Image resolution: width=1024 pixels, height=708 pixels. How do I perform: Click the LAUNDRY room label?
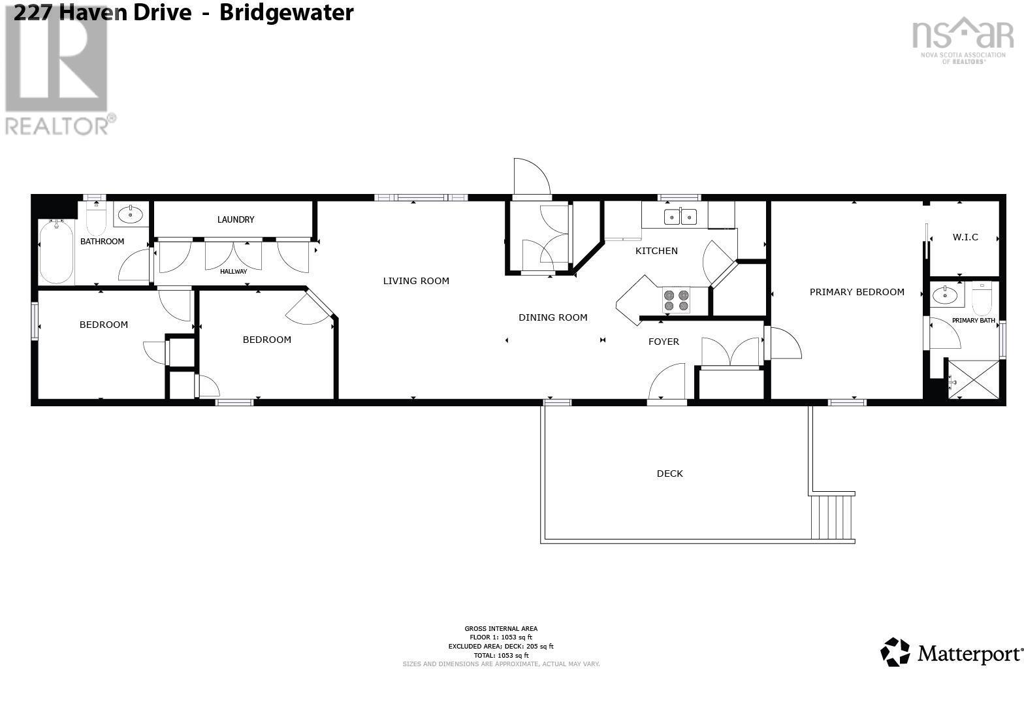[235, 219]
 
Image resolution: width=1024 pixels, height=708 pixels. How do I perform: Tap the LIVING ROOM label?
[416, 281]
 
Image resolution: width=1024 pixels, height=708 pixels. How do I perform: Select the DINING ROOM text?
[552, 317]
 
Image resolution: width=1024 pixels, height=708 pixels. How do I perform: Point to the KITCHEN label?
[656, 251]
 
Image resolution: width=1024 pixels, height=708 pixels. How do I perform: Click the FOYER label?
[664, 342]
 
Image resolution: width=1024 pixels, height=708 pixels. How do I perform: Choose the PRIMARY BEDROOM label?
[857, 292]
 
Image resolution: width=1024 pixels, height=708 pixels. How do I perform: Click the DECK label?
[669, 474]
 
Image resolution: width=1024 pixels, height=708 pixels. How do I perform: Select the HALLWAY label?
[233, 271]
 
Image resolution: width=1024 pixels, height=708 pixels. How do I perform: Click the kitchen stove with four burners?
[676, 300]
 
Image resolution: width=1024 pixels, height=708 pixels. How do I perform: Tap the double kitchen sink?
[680, 216]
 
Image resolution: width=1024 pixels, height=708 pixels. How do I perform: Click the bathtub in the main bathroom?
[56, 252]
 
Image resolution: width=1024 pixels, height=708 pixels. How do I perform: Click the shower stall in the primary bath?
[972, 379]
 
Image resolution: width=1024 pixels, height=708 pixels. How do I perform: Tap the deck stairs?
[832, 517]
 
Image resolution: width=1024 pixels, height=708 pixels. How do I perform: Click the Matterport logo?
[952, 652]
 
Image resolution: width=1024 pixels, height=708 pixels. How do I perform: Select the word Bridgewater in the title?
[286, 12]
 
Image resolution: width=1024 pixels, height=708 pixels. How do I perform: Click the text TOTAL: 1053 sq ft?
[500, 655]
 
